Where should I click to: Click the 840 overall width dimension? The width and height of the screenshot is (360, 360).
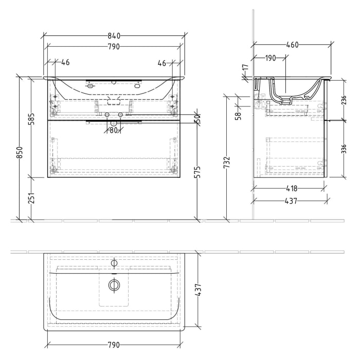(x=114, y=35)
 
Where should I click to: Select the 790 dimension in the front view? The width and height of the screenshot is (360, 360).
(x=114, y=46)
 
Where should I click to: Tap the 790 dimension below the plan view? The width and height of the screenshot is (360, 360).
(x=114, y=345)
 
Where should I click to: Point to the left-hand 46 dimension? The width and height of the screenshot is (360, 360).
(x=65, y=63)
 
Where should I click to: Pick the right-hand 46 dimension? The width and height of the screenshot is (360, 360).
(x=162, y=63)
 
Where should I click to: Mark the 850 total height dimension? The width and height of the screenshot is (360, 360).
(x=20, y=153)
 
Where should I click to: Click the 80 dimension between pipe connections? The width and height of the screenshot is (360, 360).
(x=114, y=130)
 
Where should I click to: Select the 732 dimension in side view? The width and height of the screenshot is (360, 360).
(x=227, y=163)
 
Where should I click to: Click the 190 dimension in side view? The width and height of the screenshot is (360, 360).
(x=271, y=58)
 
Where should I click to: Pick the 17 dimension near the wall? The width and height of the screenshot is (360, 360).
(x=245, y=67)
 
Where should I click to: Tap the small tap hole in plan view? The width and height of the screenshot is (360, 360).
(x=114, y=263)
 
